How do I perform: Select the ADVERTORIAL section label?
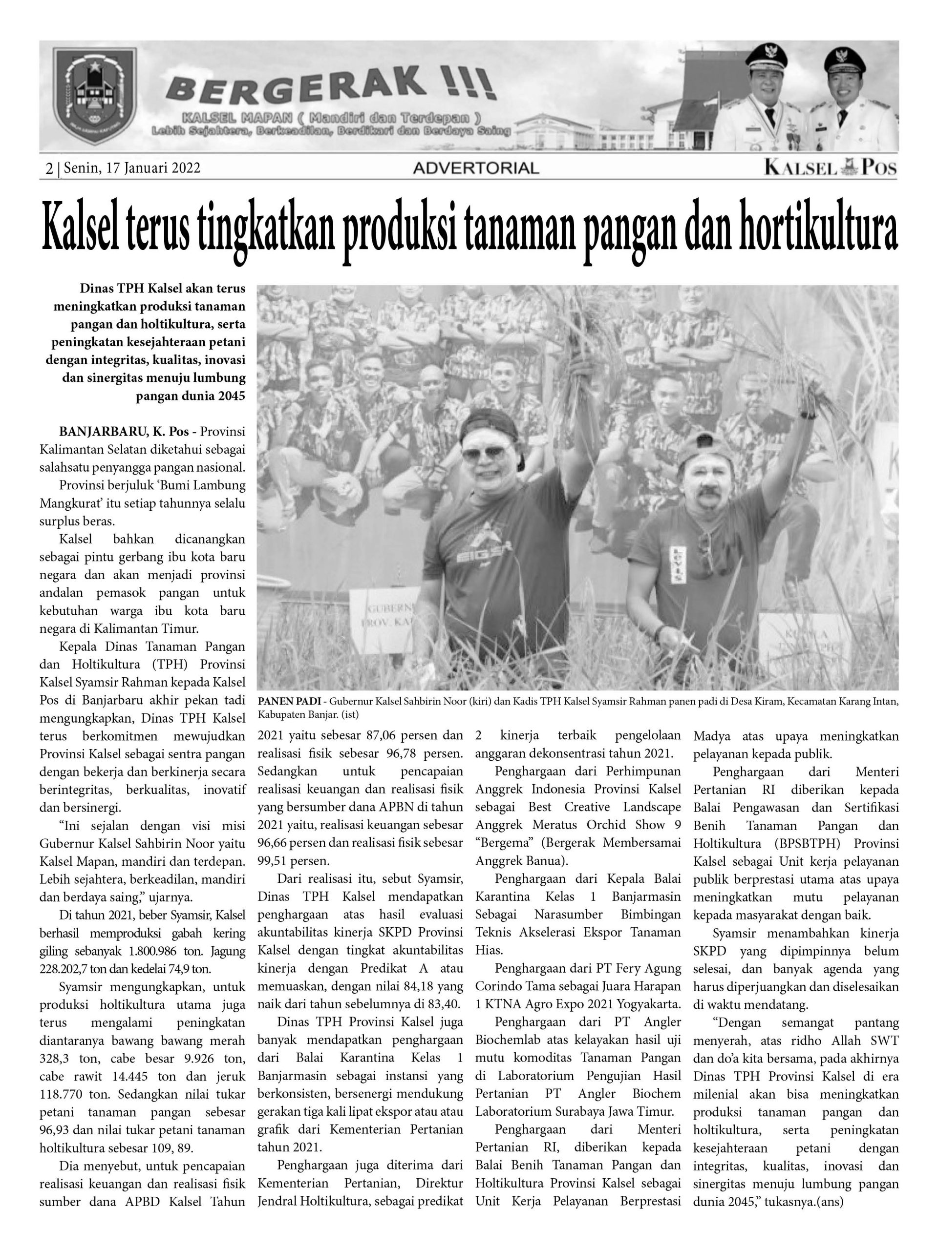coord(475,168)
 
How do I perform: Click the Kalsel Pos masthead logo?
coord(830,167)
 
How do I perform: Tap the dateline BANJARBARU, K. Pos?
coord(123,432)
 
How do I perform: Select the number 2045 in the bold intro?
coord(230,396)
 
